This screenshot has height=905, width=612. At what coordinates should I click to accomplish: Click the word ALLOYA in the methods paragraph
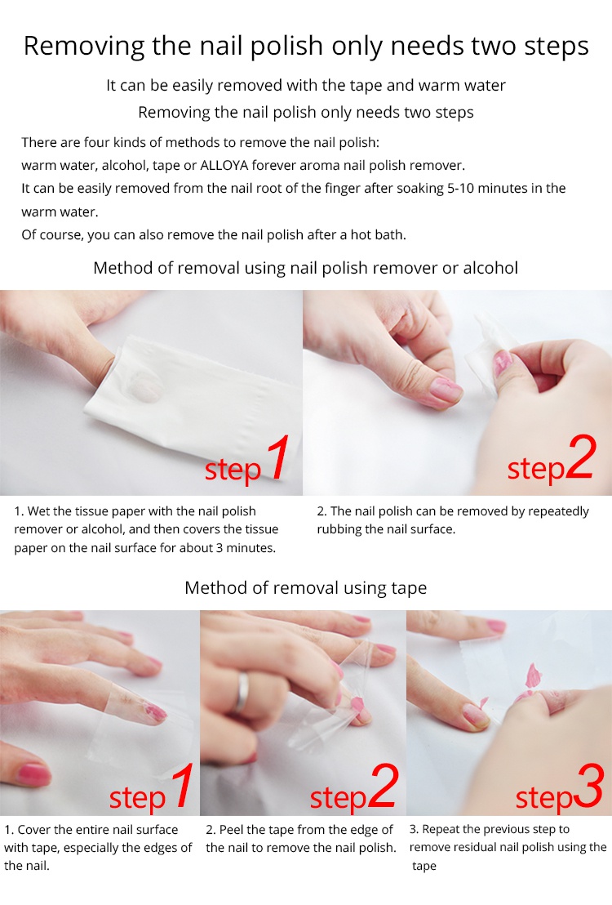pyautogui.click(x=224, y=166)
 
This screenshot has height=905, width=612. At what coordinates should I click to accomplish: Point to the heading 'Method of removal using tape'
pyautogui.click(x=306, y=587)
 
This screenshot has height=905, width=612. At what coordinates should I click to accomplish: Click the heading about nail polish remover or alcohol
pyautogui.click(x=306, y=268)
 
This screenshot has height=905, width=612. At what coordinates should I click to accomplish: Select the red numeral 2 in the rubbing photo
pyautogui.click(x=579, y=457)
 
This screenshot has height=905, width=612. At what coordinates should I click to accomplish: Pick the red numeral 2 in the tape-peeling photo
pyautogui.click(x=383, y=785)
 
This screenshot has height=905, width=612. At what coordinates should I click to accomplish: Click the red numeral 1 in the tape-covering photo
pyautogui.click(x=182, y=785)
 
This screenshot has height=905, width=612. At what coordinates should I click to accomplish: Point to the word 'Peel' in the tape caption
pyautogui.click(x=231, y=830)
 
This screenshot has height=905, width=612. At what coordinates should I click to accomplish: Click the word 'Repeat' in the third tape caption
pyautogui.click(x=441, y=829)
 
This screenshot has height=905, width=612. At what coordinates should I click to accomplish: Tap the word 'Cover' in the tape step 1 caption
pyautogui.click(x=33, y=830)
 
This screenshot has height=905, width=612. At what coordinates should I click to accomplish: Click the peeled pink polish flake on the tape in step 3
pyautogui.click(x=533, y=675)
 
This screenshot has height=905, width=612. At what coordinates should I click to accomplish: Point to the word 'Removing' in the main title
pyautogui.click(x=84, y=47)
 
